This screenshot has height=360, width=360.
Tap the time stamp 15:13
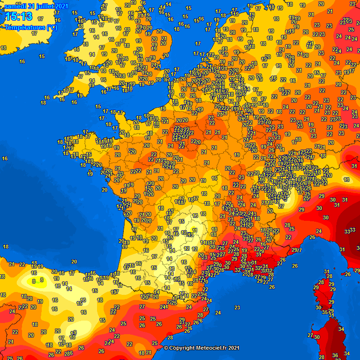pyautogui.click(x=19, y=17)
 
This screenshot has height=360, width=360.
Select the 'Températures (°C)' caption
pyautogui.click(x=31, y=27)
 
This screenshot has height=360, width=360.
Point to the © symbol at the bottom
pyautogui.click(x=166, y=348)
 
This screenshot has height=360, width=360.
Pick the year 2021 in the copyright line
pyautogui.click(x=233, y=348)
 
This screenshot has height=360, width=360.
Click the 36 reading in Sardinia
pyautogui.click(x=335, y=356)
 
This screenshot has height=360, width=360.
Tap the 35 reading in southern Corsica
pyautogui.click(x=325, y=312)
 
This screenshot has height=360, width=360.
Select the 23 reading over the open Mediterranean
pyautogui.click(x=237, y=307)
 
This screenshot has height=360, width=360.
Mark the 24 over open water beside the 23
pyautogui.click(x=217, y=313)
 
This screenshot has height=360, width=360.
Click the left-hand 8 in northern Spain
pyautogui.click(x=34, y=281)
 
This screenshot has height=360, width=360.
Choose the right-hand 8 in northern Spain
pyautogui.click(x=42, y=280)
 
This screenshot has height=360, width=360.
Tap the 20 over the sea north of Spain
pyautogui.click(x=74, y=262)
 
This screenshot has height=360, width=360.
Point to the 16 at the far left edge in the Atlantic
pyautogui.click(x=5, y=158)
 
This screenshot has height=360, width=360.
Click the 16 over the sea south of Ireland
pyautogui.click(x=22, y=61)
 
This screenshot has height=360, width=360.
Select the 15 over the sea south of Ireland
pyautogui.click(x=42, y=56)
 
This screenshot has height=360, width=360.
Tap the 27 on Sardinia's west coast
pyautogui.click(x=310, y=336)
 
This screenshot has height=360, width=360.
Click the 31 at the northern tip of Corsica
pyautogui.click(x=326, y=272)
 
